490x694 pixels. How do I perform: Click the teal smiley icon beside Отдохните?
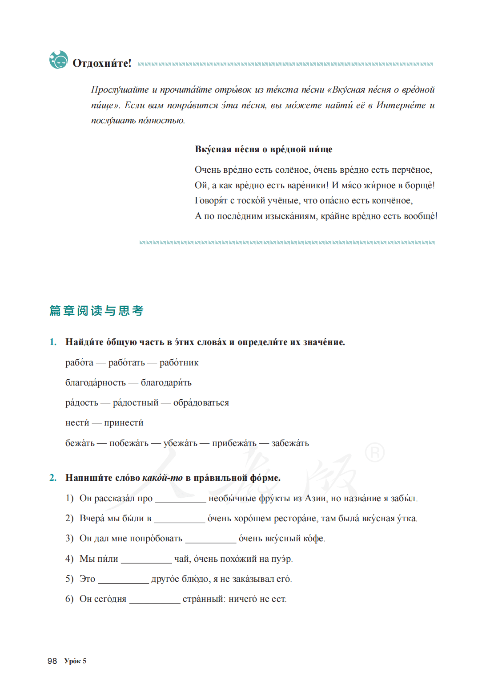pyautogui.click(x=59, y=60)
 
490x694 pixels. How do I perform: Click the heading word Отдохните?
pyautogui.click(x=102, y=63)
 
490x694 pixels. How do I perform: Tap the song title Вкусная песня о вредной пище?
pyautogui.click(x=263, y=150)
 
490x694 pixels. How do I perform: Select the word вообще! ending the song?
pyautogui.click(x=421, y=216)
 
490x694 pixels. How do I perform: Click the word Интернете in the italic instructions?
pyautogui.click(x=401, y=106)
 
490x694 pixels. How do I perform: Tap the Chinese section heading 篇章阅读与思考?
pyautogui.click(x=96, y=311)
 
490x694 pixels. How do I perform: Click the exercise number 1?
pyautogui.click(x=53, y=342)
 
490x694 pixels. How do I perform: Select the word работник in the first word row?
pyautogui.click(x=179, y=363)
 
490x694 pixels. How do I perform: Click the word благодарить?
pyautogui.click(x=166, y=383)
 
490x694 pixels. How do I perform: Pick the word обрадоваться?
pyautogui.click(x=201, y=403)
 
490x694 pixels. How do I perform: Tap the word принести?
pyautogui.click(x=124, y=423)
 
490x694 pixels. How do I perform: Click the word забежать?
pyautogui.click(x=290, y=443)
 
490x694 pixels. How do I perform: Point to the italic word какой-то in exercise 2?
pyautogui.click(x=162, y=478)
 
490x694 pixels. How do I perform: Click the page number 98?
pyautogui.click(x=52, y=661)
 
